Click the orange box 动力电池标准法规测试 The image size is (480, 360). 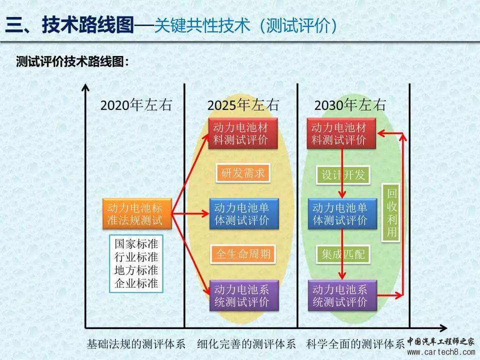137,213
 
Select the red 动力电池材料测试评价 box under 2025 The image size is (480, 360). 243,133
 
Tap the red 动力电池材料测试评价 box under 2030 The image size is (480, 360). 341,133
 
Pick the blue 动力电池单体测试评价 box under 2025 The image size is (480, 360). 244,213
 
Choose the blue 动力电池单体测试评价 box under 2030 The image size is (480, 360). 342,213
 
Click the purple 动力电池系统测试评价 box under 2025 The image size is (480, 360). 244,295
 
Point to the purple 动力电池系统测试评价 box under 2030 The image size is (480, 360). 342,295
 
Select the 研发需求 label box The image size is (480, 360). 243,173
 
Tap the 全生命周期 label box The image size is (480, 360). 243,254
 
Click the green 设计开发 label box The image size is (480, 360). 343,175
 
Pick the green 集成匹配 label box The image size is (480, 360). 343,254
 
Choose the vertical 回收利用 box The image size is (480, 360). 391,213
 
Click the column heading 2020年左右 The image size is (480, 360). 136,105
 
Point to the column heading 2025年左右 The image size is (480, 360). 243,105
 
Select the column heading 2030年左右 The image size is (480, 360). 350,105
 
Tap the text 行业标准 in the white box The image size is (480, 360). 136,257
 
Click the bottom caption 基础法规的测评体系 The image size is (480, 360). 136,344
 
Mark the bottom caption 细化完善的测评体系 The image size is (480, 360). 246,344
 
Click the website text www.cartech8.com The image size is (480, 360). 441,352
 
